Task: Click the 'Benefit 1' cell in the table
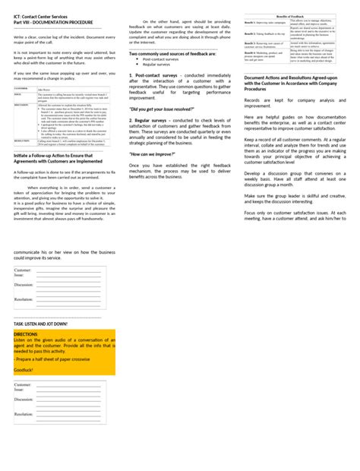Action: click(x=256, y=23)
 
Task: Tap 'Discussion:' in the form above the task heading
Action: click(x=24, y=285)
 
